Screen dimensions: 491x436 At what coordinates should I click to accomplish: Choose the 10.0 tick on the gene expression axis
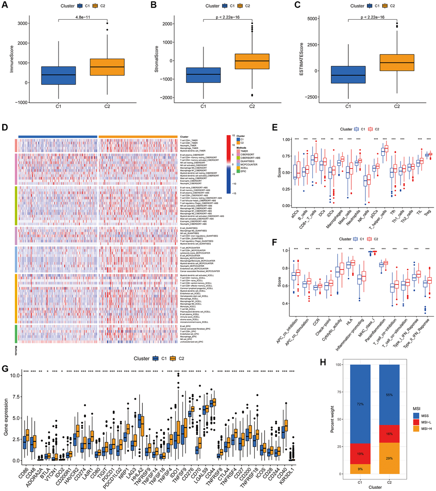click(x=14, y=375)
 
